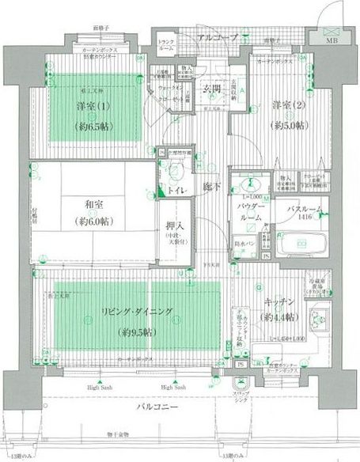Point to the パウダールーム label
pyautogui.click(x=249, y=212)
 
